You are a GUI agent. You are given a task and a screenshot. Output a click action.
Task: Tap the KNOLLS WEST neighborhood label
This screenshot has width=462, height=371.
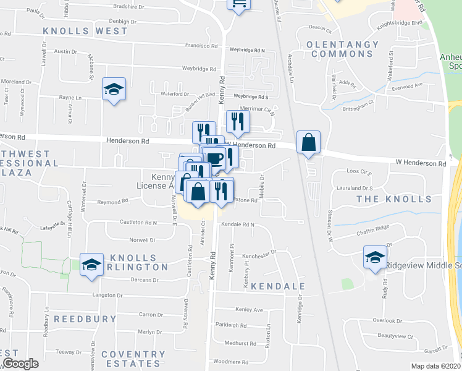pyautogui.click(x=77, y=30)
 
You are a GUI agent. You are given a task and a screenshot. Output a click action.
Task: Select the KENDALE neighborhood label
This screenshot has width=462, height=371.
pyautogui.click(x=279, y=287)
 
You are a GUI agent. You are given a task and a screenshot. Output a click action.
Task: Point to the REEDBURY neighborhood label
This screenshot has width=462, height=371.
pyautogui.click(x=85, y=319)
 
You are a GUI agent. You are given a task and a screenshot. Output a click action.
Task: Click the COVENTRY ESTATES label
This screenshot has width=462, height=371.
pyautogui.click(x=134, y=359)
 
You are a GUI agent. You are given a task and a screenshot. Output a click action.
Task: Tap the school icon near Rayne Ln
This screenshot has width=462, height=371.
pyautogui.click(x=114, y=89)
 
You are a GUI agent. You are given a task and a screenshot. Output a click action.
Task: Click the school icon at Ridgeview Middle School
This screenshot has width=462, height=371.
pyautogui.click(x=374, y=257)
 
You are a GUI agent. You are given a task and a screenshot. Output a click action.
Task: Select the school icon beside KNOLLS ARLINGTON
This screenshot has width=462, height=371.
pyautogui.click(x=91, y=264)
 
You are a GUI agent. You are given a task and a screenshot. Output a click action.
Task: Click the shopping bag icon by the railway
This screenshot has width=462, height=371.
pyautogui.click(x=308, y=142)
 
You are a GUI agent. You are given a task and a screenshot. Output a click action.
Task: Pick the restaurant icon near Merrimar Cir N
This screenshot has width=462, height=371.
pyautogui.click(x=237, y=122)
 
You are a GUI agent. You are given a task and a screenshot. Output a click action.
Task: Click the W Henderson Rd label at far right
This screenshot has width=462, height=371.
pyautogui.click(x=421, y=164)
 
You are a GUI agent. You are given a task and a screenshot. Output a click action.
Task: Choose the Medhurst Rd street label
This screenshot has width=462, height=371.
pyautogui.click(x=240, y=343)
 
